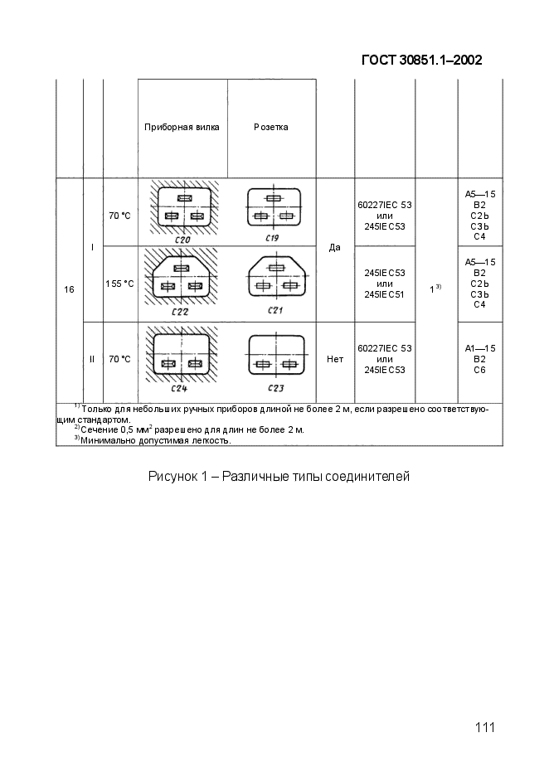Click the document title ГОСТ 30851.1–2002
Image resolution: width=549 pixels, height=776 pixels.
(422, 60)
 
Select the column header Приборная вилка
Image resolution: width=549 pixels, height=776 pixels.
(182, 127)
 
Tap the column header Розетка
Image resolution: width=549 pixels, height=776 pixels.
(271, 127)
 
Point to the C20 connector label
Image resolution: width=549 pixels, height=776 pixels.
(182, 240)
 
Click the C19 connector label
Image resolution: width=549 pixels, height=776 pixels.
(272, 238)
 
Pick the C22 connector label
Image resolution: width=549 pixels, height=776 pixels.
(180, 312)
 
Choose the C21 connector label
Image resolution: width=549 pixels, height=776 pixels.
(275, 310)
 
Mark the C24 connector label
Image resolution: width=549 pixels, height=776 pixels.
(179, 389)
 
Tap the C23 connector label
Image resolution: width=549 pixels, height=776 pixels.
(275, 388)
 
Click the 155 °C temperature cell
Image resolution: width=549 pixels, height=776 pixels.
(119, 284)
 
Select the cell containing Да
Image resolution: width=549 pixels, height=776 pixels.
(335, 247)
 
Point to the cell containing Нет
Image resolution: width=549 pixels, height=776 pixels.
(335, 359)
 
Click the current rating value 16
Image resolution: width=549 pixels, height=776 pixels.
(70, 289)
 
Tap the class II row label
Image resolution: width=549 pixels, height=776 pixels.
(92, 359)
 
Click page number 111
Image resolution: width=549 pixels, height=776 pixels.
(484, 728)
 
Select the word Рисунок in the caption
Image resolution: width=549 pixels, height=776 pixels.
(172, 477)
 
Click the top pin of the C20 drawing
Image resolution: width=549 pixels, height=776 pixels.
(185, 198)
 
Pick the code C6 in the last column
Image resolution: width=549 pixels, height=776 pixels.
(479, 371)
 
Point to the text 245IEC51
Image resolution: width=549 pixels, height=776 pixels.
(385, 294)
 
